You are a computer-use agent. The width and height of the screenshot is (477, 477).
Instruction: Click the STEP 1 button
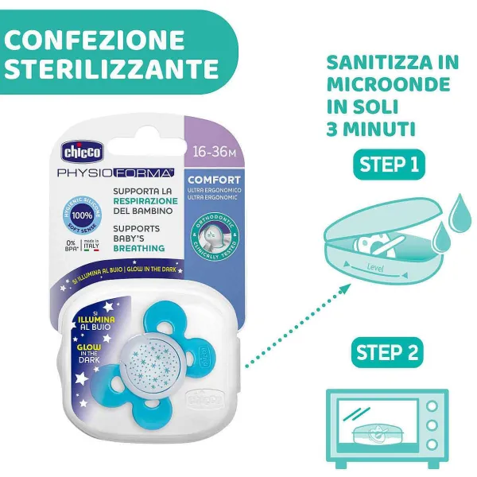coord(389,165)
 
